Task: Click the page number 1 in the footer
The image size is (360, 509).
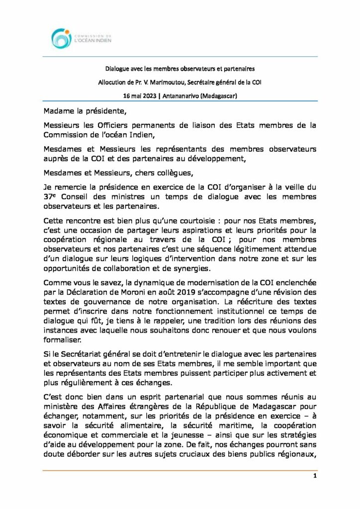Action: point(315,476)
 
